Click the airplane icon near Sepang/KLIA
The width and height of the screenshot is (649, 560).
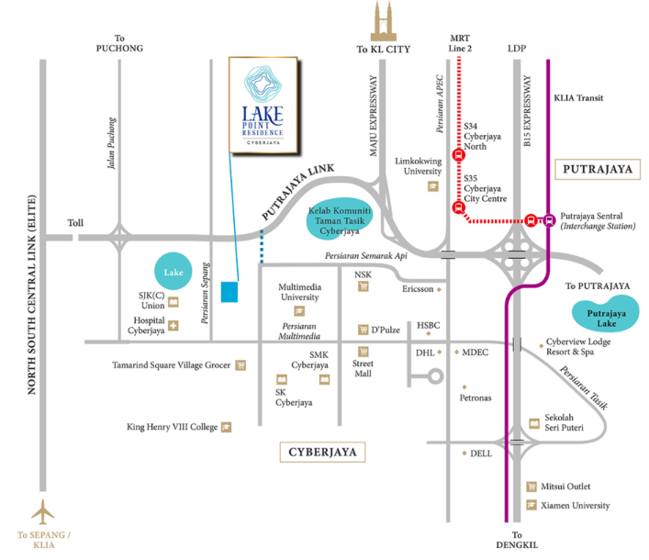coord(43,510)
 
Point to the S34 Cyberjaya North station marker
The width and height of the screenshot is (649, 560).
coord(458,155)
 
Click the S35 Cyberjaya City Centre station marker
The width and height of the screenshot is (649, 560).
coord(458,207)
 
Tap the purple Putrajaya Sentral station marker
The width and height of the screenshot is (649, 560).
coord(548,219)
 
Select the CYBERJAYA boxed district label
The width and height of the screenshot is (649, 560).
coord(321,453)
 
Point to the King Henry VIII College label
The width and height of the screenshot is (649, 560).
coord(172,427)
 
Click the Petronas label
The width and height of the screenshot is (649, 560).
coord(476,398)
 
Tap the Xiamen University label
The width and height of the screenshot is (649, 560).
coord(574,506)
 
